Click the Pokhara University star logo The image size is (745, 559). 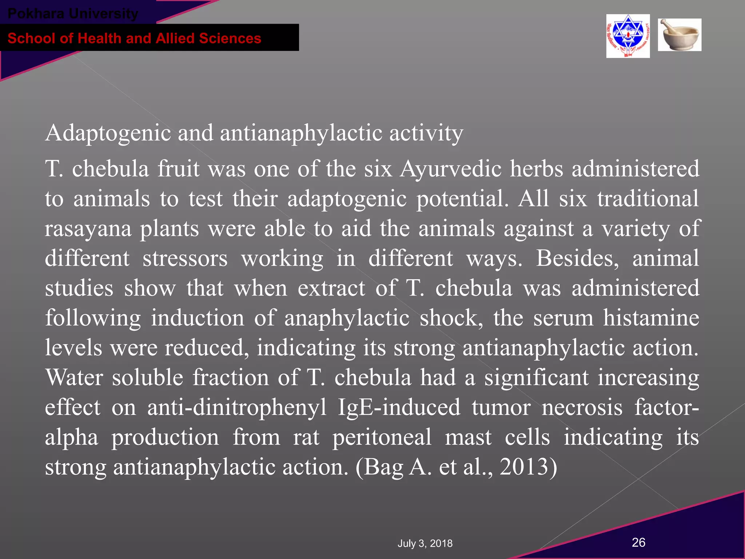click(628, 36)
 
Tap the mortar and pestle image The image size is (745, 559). click(680, 35)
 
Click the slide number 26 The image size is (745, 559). click(638, 542)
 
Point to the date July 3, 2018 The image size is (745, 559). click(425, 543)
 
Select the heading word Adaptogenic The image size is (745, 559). click(108, 133)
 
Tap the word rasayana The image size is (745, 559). click(88, 229)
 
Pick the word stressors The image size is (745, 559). click(185, 258)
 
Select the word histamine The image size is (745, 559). click(651, 318)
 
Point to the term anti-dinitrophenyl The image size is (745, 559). click(237, 407)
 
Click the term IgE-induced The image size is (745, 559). click(399, 407)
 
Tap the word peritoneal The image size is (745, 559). click(382, 437)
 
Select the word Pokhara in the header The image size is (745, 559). click(36, 14)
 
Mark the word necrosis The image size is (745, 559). click(582, 407)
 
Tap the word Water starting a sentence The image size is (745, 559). click(74, 377)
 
